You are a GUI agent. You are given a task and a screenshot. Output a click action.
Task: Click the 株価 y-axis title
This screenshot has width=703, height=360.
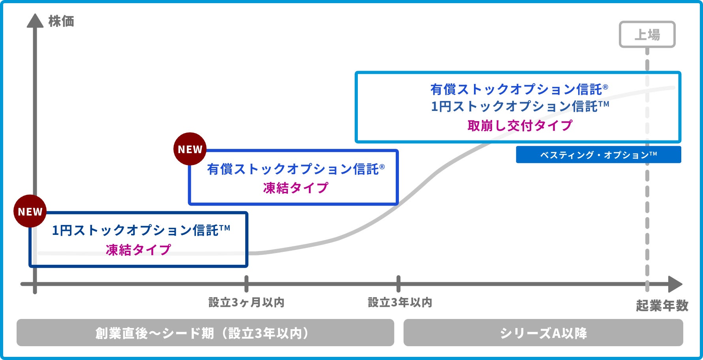coord(61,21)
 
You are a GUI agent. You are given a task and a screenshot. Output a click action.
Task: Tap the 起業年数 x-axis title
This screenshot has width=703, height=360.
coord(662,306)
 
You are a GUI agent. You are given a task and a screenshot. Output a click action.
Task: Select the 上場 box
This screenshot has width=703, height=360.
coord(647,35)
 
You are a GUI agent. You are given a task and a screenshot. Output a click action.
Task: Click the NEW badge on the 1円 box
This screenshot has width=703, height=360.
coord(30,211)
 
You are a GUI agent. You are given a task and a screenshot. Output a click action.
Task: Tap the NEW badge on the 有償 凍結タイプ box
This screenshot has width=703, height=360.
coord(190,149)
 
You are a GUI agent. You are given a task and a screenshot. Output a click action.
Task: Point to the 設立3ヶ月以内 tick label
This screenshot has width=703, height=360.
coord(246,302)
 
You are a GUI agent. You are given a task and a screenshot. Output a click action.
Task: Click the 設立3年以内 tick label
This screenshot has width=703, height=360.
coord(400,302)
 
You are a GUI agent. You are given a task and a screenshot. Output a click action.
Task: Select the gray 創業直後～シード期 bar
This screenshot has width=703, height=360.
coord(205,333)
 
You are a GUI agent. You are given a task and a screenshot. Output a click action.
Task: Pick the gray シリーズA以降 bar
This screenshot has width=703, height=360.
coord(543,333)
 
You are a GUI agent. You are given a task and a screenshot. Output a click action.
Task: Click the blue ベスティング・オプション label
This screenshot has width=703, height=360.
coord(598,155)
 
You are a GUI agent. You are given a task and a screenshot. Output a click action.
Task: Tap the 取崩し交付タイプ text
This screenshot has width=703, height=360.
coord(520,126)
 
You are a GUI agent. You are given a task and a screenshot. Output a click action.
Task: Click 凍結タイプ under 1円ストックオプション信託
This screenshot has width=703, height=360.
coord(138,249)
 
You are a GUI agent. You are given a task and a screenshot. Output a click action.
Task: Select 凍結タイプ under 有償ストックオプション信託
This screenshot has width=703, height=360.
coord(295,187)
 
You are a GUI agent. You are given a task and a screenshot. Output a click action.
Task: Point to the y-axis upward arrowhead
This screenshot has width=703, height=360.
coord(35,21)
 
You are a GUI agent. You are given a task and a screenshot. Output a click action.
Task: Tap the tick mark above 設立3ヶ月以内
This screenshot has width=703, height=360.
coord(246,283)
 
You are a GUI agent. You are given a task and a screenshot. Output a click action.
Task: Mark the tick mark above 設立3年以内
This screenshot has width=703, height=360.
coord(398,283)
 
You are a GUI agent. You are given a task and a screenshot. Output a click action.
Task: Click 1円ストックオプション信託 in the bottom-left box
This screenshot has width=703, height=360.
coord(141,230)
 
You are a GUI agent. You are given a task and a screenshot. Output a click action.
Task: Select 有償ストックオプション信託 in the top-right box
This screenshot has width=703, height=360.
coord(519,89)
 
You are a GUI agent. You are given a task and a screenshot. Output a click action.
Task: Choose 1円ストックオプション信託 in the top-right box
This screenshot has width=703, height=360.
coord(520,106)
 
